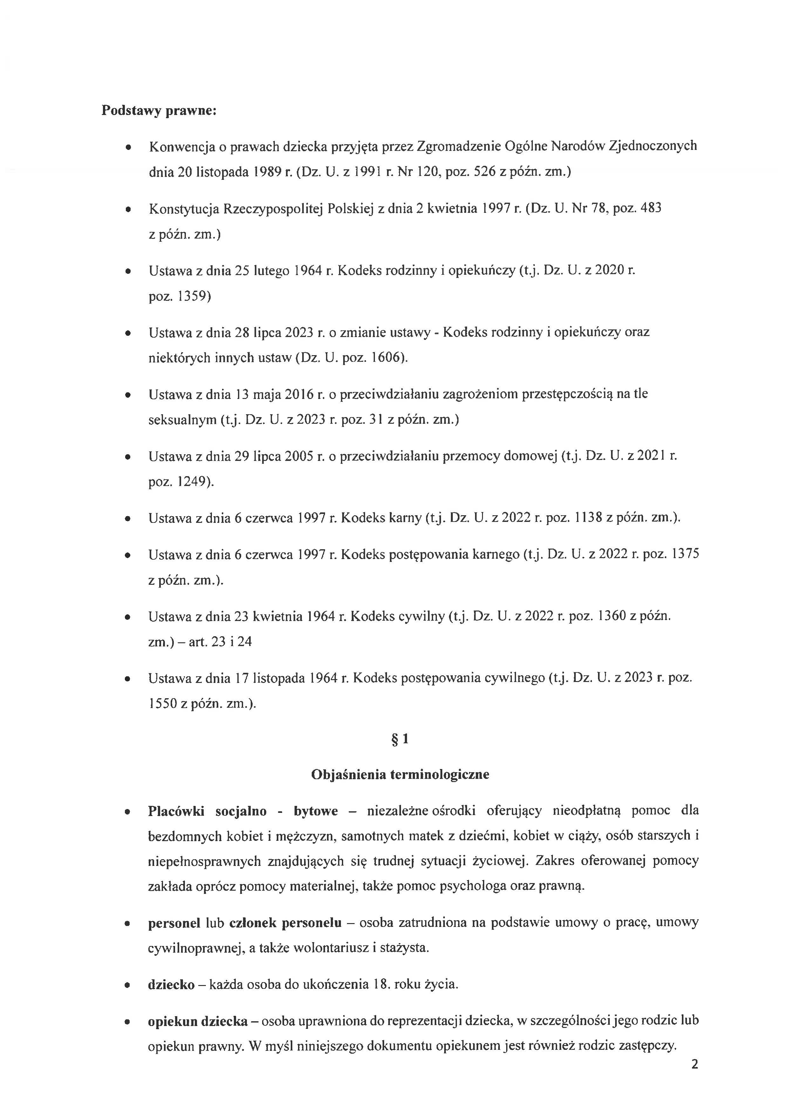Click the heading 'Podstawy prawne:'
(159, 111)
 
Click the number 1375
(685, 554)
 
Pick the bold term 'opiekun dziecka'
(198, 1021)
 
